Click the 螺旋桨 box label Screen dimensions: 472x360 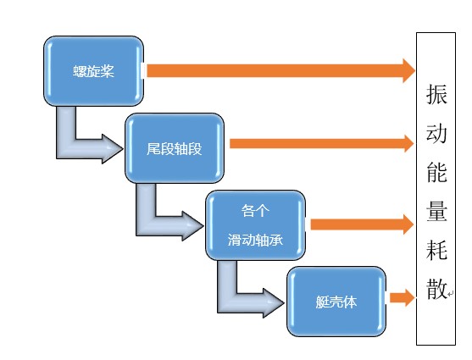coord(93,71)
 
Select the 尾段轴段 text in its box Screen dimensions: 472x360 coord(175,149)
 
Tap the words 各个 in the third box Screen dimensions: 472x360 coord(255,210)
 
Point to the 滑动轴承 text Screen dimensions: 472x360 coord(255,240)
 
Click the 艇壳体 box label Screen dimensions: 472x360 coord(336,302)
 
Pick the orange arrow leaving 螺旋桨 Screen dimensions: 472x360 coord(280,71)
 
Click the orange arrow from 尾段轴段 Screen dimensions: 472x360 coord(321,143)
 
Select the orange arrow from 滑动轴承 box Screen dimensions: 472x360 coord(362,224)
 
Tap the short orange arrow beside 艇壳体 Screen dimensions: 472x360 coord(403,297)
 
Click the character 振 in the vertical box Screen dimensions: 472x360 coord(436,94)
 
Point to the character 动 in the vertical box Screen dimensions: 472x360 coord(436,132)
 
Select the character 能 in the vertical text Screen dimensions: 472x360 coord(436,172)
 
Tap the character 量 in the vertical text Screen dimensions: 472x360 coord(436,211)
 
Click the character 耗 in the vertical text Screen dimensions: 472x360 coord(436,250)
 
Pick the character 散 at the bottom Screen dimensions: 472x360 coord(436,288)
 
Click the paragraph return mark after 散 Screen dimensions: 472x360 coord(450,293)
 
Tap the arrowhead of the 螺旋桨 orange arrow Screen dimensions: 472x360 coord(409,71)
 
